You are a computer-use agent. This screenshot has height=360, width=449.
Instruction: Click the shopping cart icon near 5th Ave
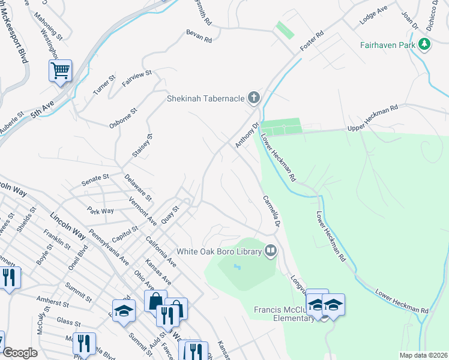(x=60, y=71)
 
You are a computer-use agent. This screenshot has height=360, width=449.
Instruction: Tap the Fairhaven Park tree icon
(x=425, y=44)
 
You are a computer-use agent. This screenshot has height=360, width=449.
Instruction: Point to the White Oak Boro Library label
(x=218, y=251)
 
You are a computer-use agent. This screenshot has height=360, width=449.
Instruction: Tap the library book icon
(x=271, y=251)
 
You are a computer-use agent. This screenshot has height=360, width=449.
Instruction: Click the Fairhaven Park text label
(x=388, y=45)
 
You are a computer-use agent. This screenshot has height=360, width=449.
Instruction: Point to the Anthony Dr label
(x=246, y=135)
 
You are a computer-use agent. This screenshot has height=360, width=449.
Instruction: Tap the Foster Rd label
(x=312, y=40)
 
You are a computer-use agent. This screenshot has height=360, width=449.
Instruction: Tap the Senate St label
(x=95, y=178)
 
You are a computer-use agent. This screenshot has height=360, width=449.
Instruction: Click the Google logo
(x=20, y=353)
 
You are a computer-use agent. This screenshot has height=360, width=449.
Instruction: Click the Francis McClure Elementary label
(x=283, y=314)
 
